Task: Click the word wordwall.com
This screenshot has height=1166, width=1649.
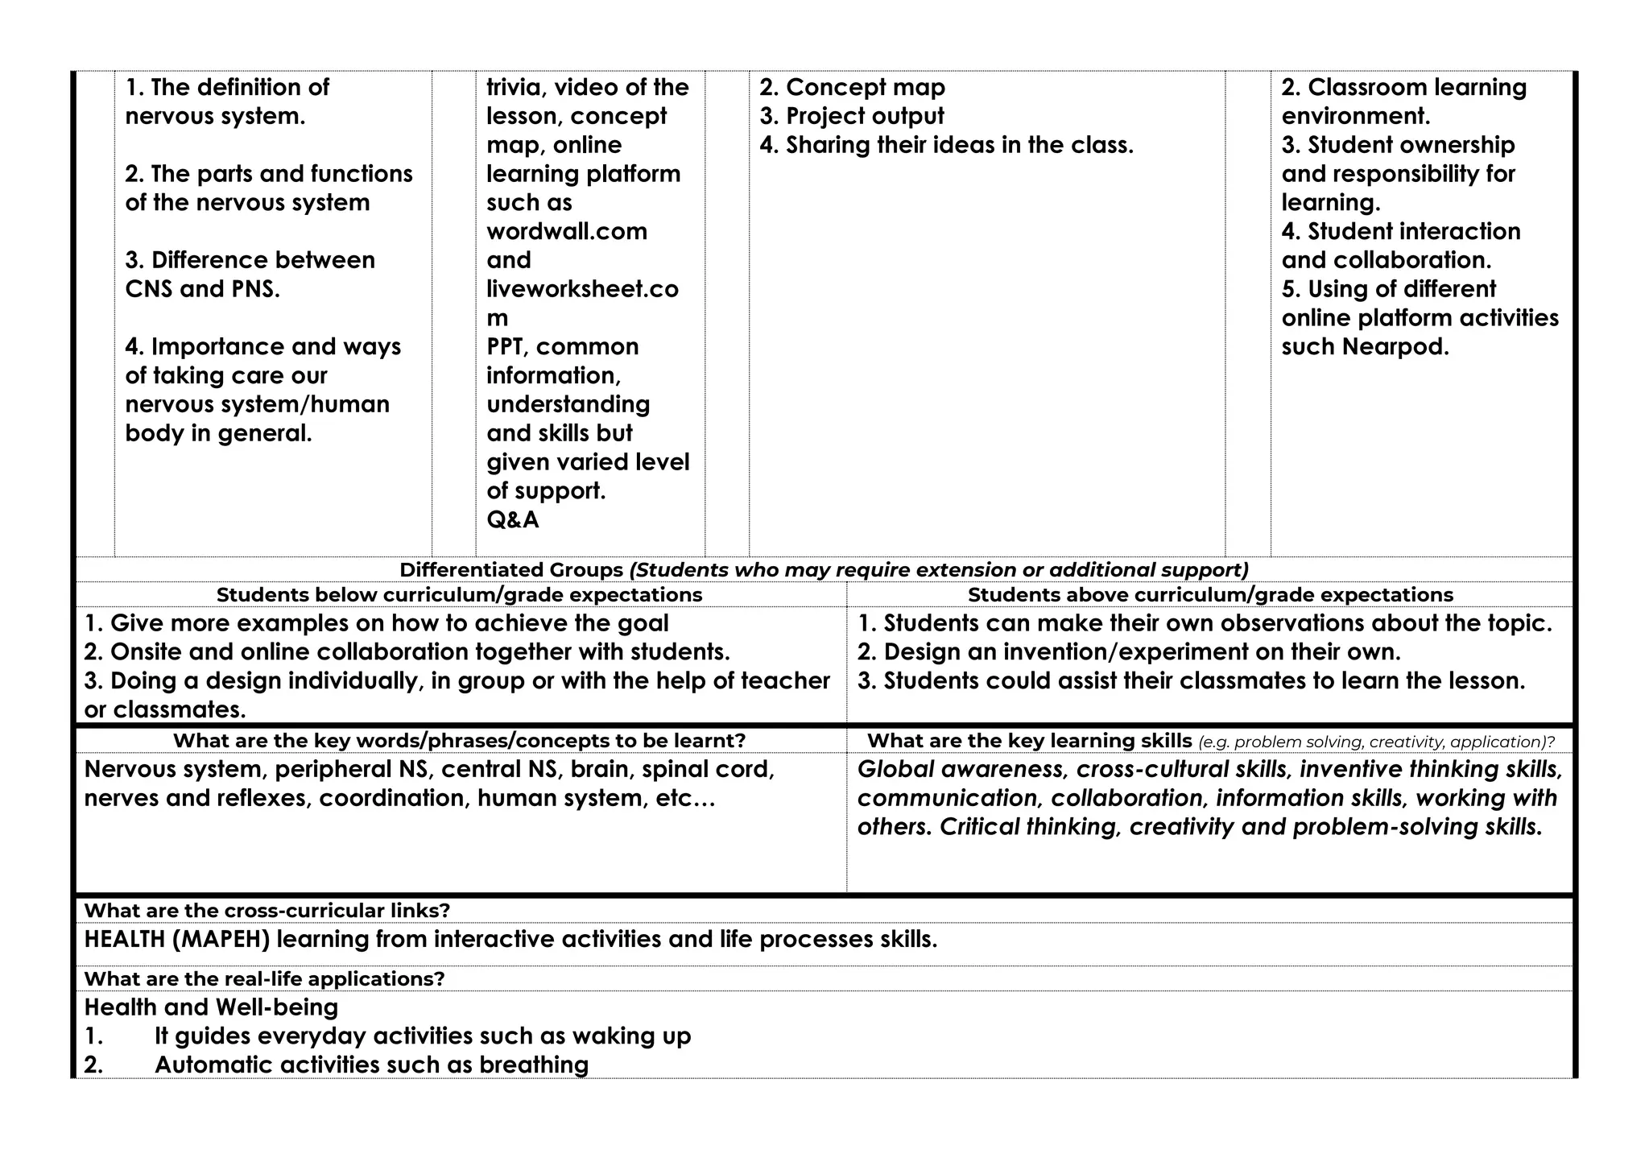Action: pos(566,232)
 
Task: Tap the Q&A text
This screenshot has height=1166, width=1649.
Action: pos(512,520)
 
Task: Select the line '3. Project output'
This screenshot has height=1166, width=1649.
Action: pos(851,117)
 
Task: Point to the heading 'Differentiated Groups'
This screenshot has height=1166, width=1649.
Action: pos(511,570)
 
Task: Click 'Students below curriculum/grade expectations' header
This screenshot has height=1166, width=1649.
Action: pos(459,595)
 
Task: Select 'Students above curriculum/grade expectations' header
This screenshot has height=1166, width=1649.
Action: pos(1209,595)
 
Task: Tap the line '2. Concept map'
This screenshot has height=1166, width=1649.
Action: pos(852,88)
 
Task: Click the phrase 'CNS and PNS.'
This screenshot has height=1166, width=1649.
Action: pos(202,289)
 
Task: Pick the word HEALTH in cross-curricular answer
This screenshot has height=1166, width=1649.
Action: pos(124,940)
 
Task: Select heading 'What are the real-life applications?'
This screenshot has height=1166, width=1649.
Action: pos(264,979)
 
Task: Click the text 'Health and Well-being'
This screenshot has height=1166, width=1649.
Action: pos(211,1007)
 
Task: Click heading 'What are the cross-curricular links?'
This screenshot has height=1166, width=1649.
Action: pos(267,911)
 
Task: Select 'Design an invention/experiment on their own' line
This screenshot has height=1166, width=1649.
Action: pos(1129,652)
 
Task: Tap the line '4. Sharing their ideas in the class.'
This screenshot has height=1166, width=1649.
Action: pos(946,146)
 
